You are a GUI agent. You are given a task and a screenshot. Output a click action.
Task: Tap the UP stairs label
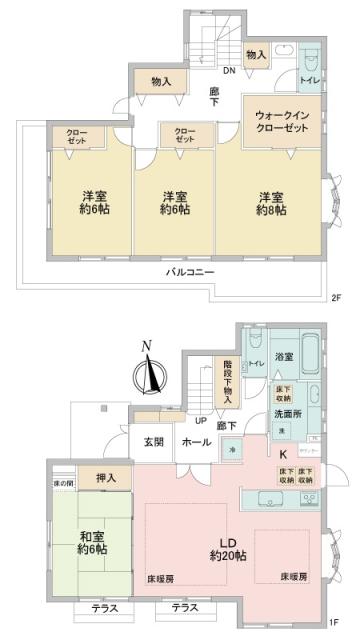(x=200, y=421)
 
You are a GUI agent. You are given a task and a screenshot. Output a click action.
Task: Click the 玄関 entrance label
(x=154, y=442)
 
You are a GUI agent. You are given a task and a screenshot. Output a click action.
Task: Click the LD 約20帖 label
(x=221, y=549)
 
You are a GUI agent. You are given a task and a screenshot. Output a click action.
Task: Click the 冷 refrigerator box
(x=233, y=451)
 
